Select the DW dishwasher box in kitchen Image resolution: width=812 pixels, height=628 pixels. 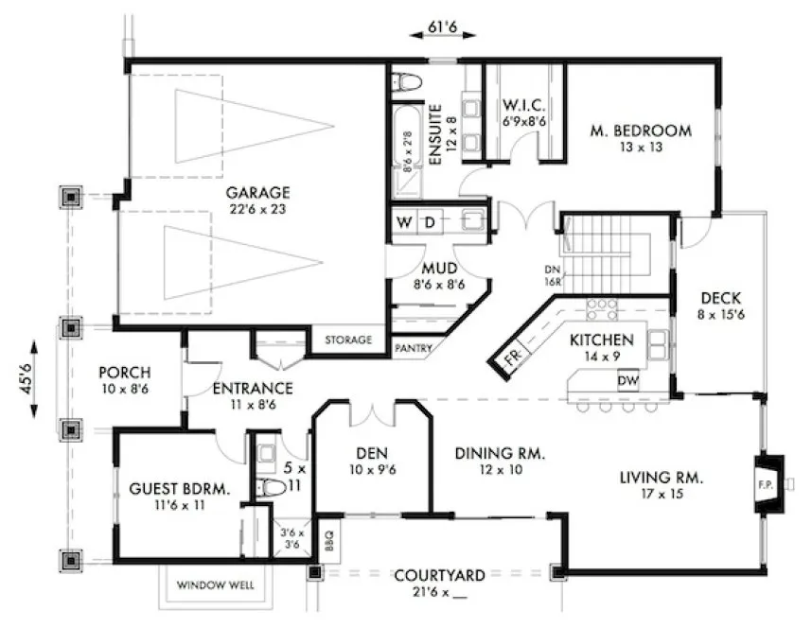(627, 380)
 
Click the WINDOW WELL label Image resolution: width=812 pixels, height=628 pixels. (215, 585)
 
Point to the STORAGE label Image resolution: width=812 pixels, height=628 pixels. (347, 340)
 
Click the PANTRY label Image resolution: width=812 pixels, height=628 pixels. (414, 348)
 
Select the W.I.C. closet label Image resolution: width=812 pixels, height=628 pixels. (522, 104)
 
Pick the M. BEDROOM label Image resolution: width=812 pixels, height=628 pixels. (641, 131)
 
